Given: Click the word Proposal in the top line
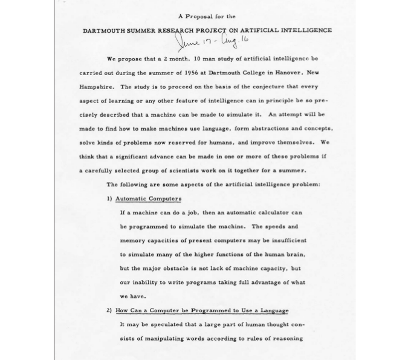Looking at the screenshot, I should (199, 16).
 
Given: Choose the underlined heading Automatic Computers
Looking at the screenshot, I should (148, 198).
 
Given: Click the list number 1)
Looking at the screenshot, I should (109, 198).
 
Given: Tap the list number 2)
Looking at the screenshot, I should (109, 310).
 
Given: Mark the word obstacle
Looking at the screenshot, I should (185, 268).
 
